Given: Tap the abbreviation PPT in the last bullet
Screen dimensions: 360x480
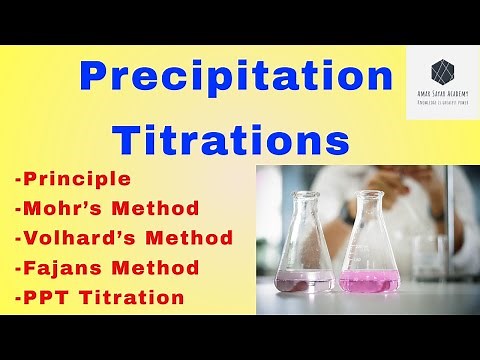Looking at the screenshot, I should [x=42, y=296].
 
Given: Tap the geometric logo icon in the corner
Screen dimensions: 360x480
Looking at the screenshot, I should [x=441, y=71].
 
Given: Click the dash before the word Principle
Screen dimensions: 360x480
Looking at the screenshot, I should [x=19, y=181].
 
